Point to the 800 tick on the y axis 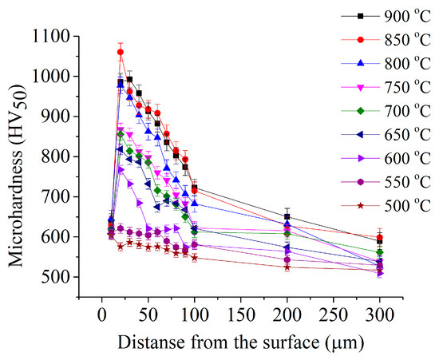coord(57,156)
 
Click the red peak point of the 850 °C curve coord(121,52)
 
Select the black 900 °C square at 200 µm coord(287,216)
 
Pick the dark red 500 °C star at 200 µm coord(287,267)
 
